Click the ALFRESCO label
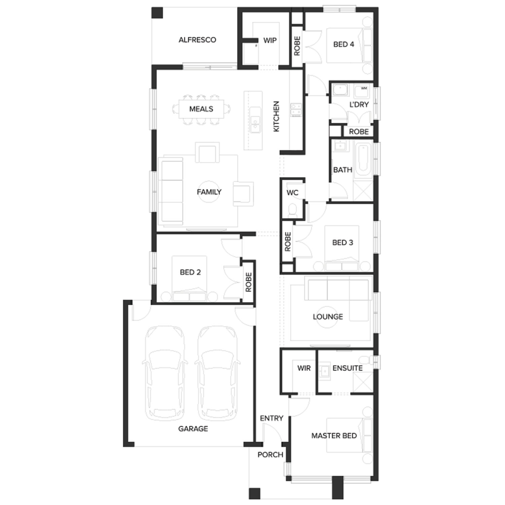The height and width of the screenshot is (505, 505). [x=197, y=40]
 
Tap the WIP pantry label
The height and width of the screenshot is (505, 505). [x=270, y=40]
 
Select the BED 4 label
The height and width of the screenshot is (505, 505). [x=344, y=44]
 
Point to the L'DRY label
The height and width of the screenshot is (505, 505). [x=359, y=104]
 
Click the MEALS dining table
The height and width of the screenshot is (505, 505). [x=201, y=109]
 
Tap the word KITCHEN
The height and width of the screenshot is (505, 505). [x=276, y=116]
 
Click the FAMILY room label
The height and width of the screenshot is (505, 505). [x=209, y=192]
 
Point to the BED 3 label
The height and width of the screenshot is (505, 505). [x=343, y=242]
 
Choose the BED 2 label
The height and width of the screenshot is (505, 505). [x=190, y=272]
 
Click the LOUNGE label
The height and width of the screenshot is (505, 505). [x=328, y=316]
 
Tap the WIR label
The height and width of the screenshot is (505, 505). [x=304, y=368]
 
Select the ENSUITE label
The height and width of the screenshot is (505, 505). [x=347, y=368]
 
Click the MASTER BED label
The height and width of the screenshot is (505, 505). [x=334, y=436]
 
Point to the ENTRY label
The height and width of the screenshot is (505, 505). [x=272, y=418]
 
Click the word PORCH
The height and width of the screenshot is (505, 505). [x=270, y=455]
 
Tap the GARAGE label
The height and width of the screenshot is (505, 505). [x=193, y=429]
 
